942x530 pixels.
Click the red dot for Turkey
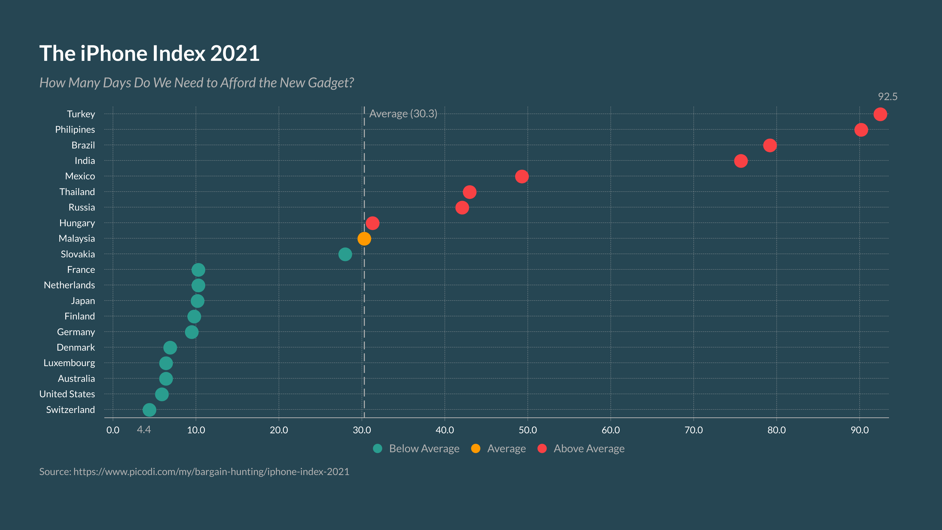tap(880, 114)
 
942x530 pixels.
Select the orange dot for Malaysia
tap(364, 238)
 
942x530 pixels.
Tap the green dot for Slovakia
tap(345, 254)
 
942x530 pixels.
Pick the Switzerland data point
tap(149, 410)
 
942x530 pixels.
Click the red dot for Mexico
tap(522, 176)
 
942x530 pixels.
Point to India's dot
tap(741, 161)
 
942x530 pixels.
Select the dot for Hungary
tap(372, 223)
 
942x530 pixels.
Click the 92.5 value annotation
tap(888, 97)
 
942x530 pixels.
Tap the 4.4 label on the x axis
tap(144, 429)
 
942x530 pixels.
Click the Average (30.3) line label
tap(403, 114)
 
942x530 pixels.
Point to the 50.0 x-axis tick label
tap(527, 430)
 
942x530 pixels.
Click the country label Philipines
tap(75, 130)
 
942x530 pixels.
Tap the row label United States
tap(67, 394)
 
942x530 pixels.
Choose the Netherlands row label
tap(69, 285)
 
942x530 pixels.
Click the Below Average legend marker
tap(377, 449)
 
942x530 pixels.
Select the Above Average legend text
tap(589, 449)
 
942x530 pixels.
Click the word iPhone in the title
tap(114, 53)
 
